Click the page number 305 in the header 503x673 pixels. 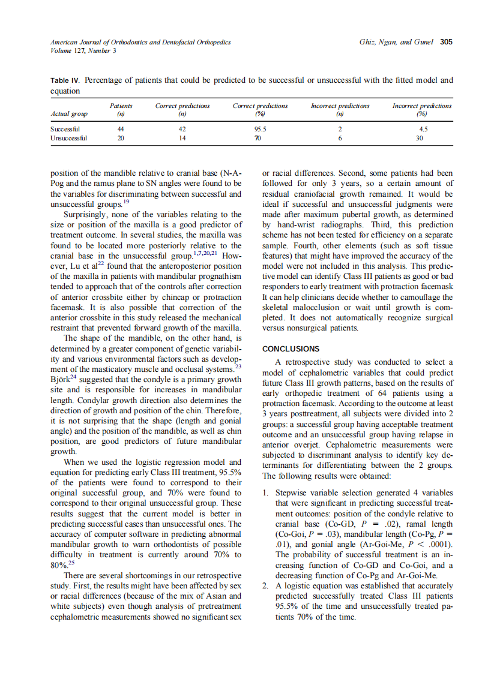click(x=446, y=42)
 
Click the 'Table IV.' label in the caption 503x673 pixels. click(x=65, y=80)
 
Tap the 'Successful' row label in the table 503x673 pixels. click(x=65, y=128)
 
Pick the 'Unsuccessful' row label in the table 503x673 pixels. click(x=68, y=137)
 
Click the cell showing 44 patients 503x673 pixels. click(x=121, y=128)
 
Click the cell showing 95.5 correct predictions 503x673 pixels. click(x=259, y=128)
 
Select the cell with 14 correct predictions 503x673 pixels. click(x=182, y=137)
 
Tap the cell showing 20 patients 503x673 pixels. click(x=121, y=137)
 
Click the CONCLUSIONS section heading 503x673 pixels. click(x=291, y=348)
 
